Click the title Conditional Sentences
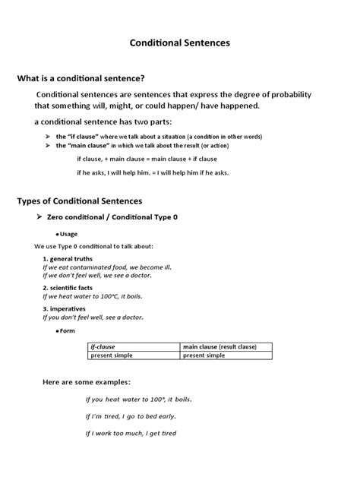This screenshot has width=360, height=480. coord(180,43)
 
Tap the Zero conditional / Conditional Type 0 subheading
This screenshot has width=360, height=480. coord(112,217)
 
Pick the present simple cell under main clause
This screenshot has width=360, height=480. coord(204,355)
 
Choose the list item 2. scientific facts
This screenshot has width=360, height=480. coord(70,289)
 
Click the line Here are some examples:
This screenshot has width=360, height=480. coord(86,381)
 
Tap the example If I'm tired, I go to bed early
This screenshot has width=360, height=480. coord(131,416)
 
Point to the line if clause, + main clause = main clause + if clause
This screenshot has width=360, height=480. coord(147,159)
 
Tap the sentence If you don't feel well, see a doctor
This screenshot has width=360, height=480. coord(93,317)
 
